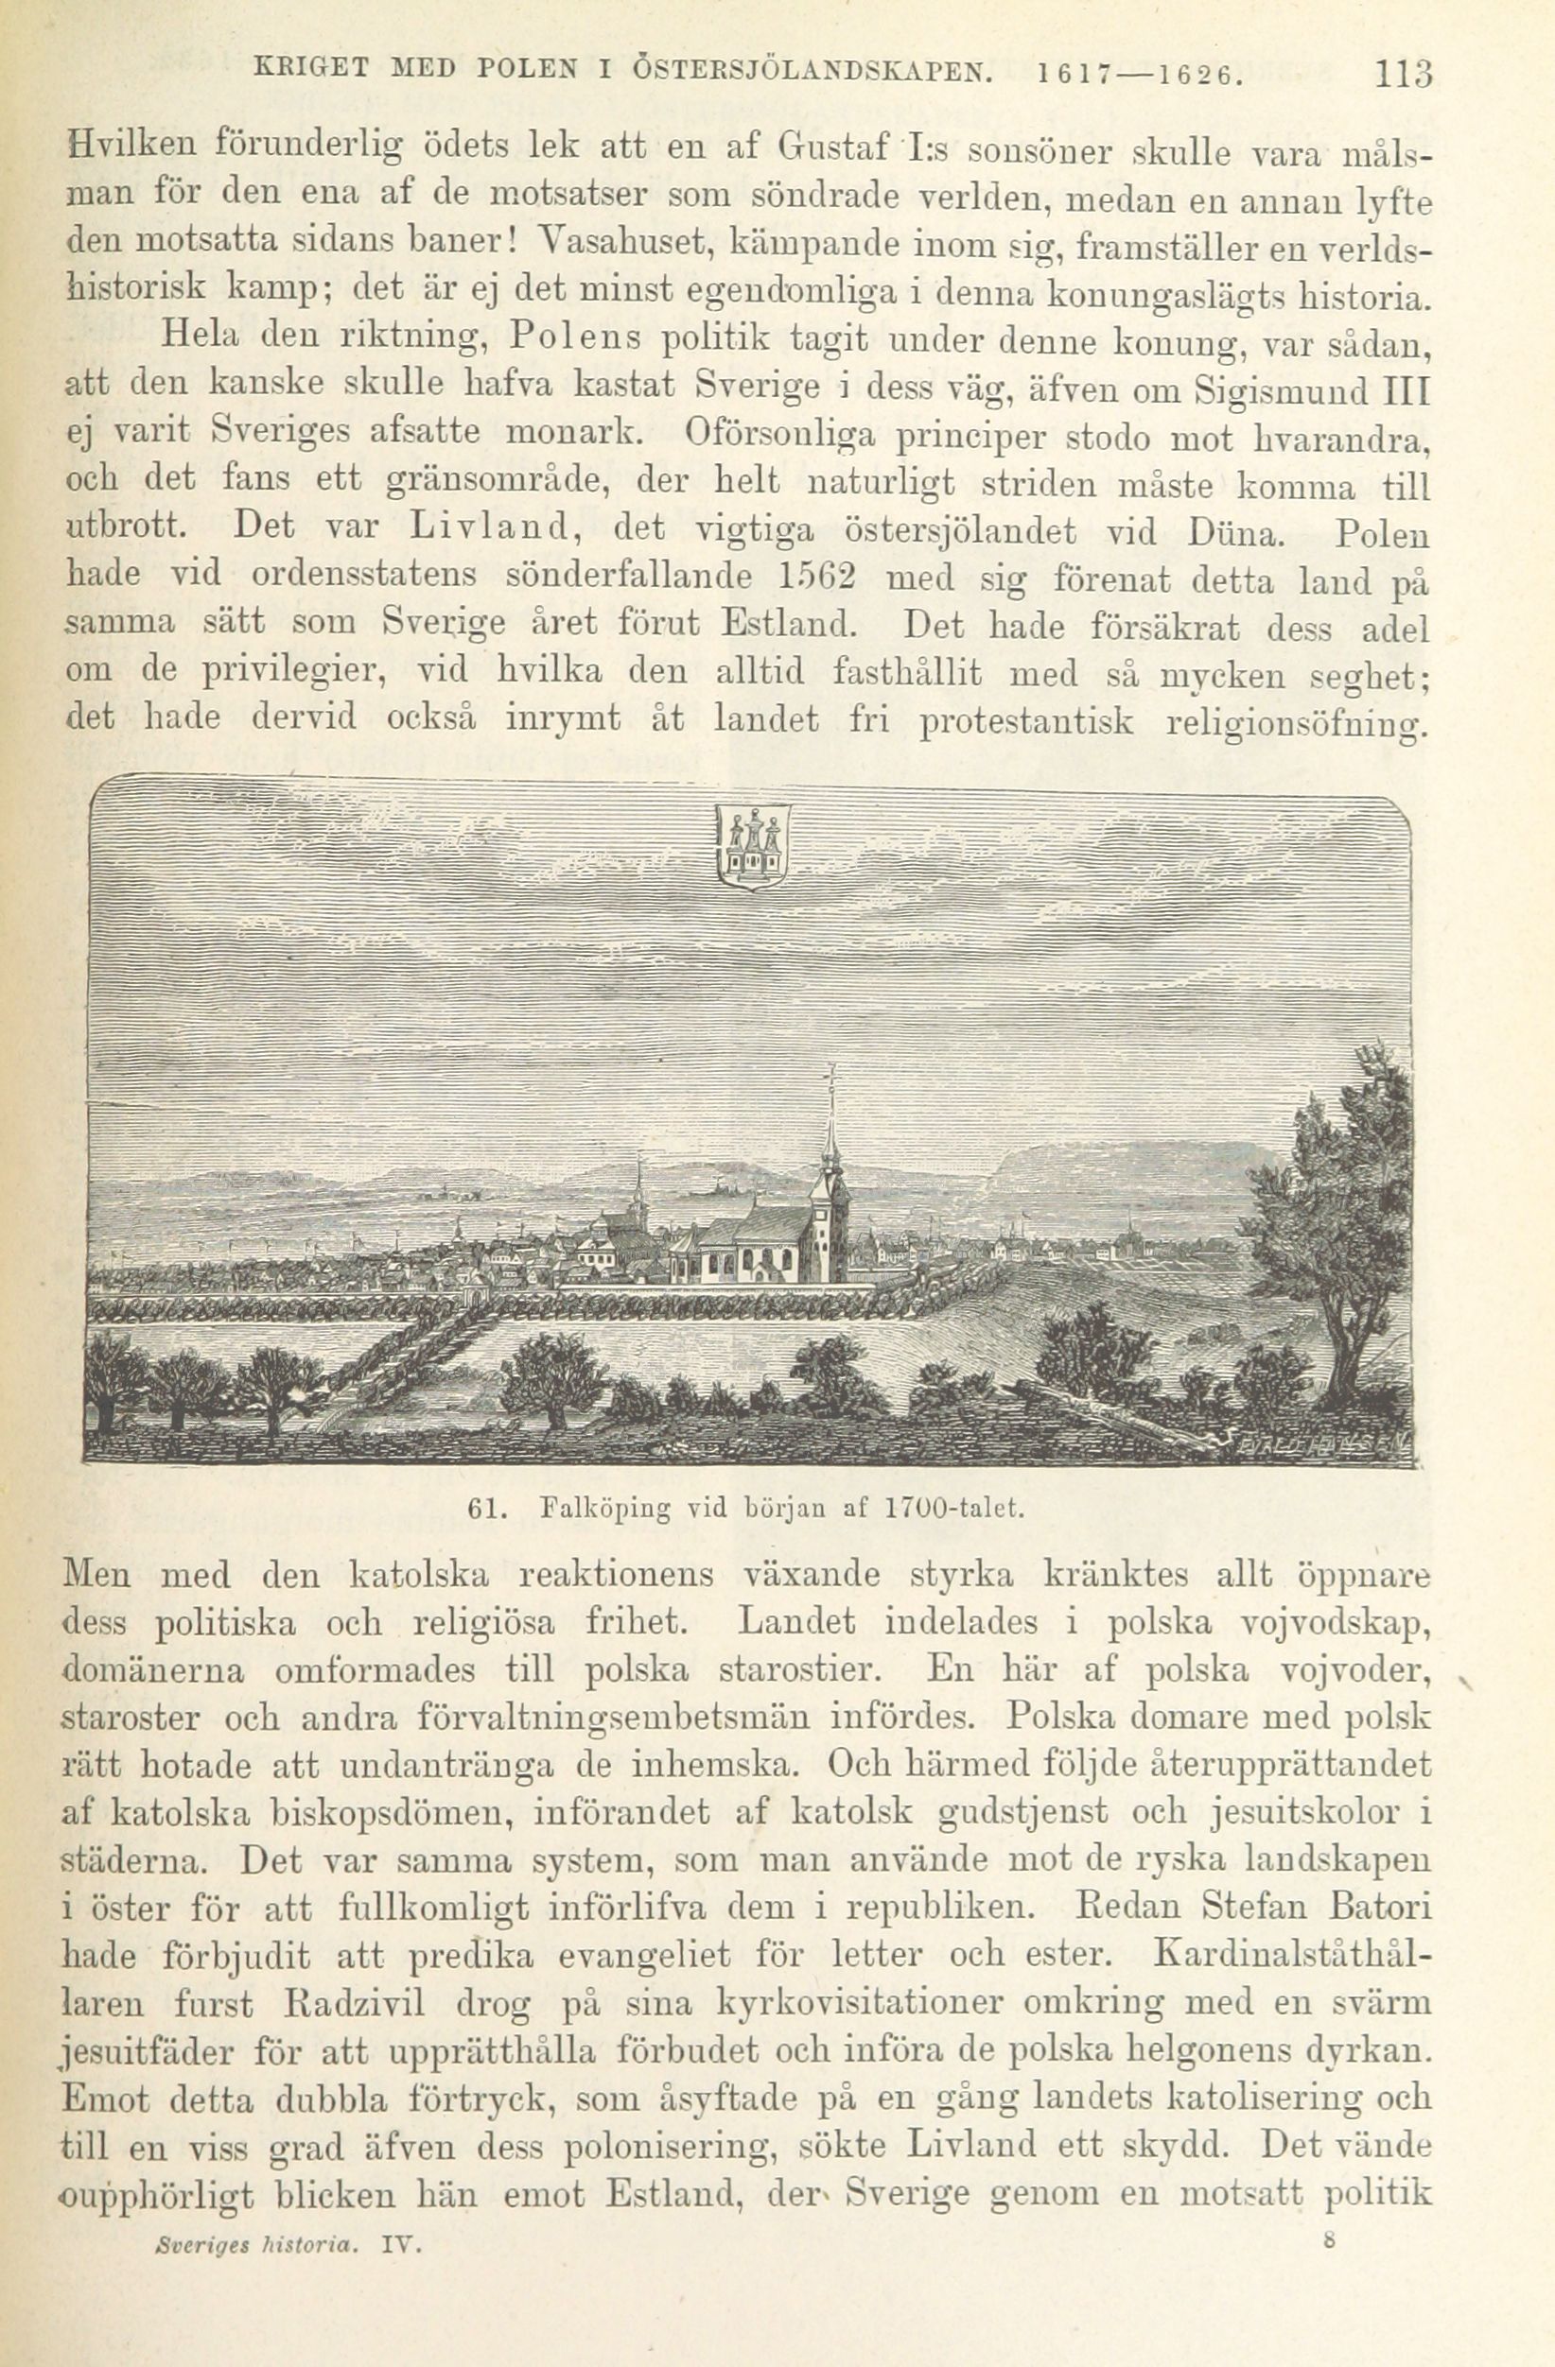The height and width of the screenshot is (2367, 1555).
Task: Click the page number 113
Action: click(x=1401, y=74)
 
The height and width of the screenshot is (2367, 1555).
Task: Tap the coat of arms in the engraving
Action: click(x=753, y=844)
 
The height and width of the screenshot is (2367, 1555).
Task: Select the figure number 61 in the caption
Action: click(x=481, y=1508)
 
